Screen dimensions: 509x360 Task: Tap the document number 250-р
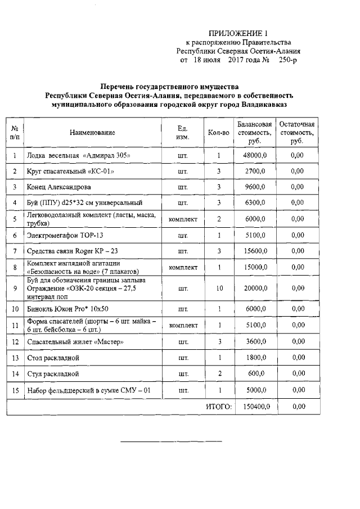point(287,60)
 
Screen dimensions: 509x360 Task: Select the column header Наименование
point(93,133)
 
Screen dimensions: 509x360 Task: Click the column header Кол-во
point(218,133)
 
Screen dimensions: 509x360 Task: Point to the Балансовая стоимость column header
point(255,133)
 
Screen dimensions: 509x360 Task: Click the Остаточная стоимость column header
point(298,133)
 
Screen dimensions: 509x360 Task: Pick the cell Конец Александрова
point(59,187)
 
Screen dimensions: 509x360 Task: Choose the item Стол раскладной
point(53,358)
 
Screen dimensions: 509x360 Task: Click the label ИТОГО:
point(219,406)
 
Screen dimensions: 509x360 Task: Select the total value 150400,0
point(255,406)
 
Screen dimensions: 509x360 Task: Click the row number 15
point(15,390)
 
